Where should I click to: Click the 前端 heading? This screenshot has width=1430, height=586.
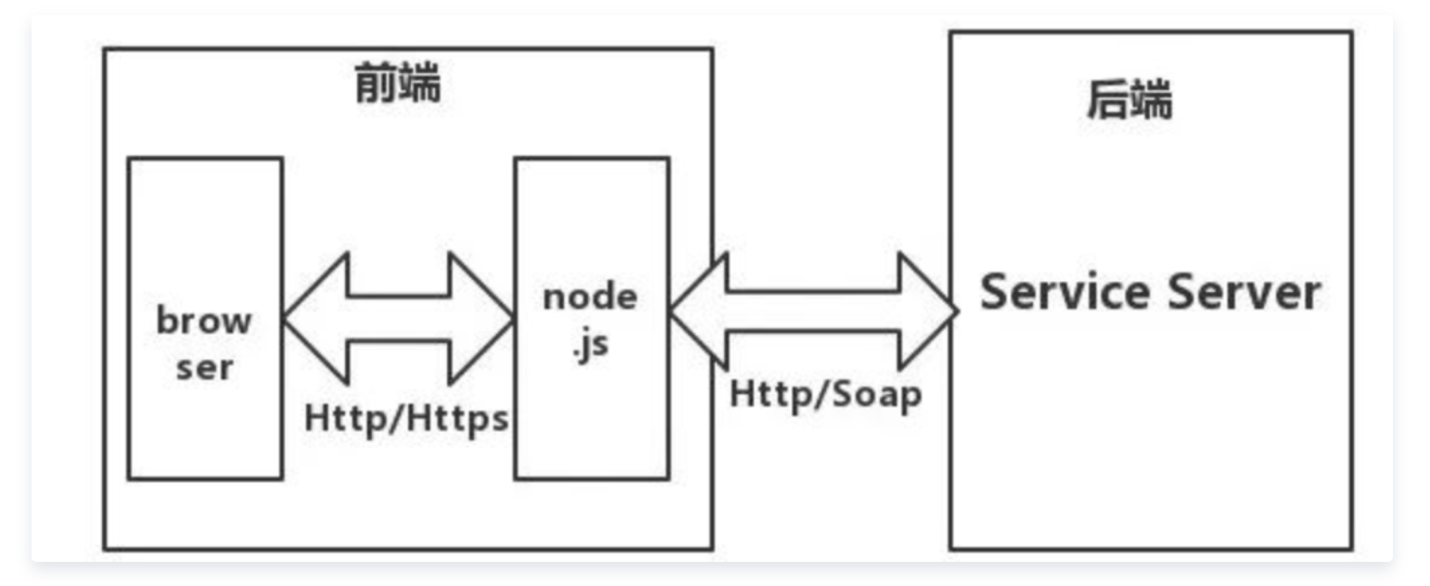coord(398,85)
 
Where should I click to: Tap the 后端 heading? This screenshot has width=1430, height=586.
coord(1129,100)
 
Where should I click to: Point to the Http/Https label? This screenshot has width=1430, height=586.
coord(407,418)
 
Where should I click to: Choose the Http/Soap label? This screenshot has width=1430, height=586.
coord(825,394)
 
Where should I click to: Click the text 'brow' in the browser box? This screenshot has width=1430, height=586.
coord(204,321)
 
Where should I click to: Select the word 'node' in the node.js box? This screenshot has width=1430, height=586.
coord(591,297)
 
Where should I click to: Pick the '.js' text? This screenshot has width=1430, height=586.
coord(590,349)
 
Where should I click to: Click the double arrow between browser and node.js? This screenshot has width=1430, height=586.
coord(398,318)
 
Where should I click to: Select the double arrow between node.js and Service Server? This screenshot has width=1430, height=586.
coord(813,311)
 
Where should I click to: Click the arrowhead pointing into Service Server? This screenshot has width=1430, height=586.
coord(927,311)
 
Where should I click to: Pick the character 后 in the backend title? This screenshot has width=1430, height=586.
coord(1107,100)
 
